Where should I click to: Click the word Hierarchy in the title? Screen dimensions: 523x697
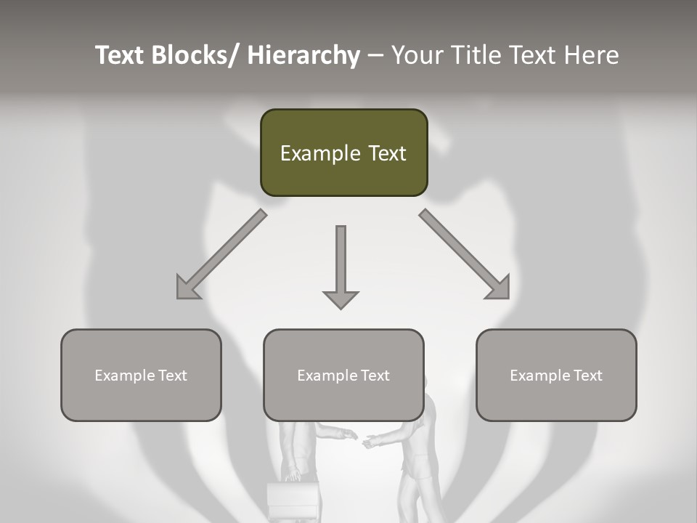click(303, 55)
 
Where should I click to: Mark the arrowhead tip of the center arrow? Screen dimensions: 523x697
click(341, 307)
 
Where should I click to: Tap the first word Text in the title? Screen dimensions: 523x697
click(121, 55)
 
